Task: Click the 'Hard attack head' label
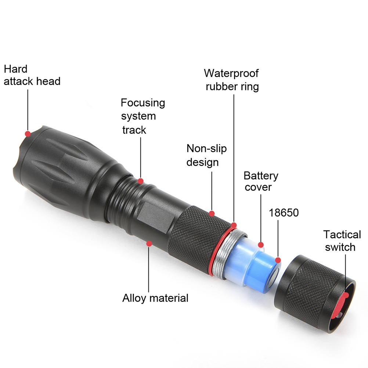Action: coord(32,75)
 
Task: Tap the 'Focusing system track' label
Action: coord(143,116)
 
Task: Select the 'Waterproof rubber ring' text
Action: coord(232,80)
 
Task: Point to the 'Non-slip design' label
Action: coord(206,155)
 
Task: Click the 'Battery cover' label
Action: coord(261,181)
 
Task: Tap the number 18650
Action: coord(284,213)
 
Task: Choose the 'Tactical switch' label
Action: coord(342,241)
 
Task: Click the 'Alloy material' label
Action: coord(155,298)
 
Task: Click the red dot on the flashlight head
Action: coord(28,134)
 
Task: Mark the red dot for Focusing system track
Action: coord(141,181)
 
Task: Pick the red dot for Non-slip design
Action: coord(212,213)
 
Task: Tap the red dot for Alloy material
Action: coord(149,243)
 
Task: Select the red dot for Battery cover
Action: coord(261,245)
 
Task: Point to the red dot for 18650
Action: coord(278,260)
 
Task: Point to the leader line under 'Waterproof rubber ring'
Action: coord(234,159)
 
